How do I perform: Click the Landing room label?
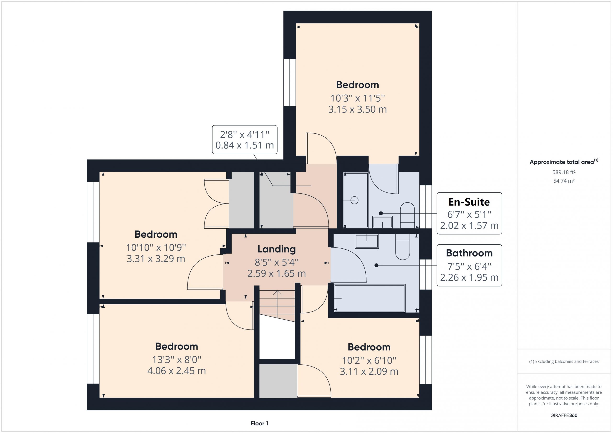(277, 249)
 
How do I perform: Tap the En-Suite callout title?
(469, 202)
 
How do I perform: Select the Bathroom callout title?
(469, 253)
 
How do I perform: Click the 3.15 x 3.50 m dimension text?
(358, 109)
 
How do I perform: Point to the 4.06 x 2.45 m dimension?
(176, 371)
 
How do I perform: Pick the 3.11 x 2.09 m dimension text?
(369, 371)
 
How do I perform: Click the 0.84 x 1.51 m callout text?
(244, 145)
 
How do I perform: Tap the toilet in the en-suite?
(407, 215)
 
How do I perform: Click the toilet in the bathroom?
(403, 247)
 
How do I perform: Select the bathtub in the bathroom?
(370, 298)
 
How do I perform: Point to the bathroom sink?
(367, 241)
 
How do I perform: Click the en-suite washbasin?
(383, 222)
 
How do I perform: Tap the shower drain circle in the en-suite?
(354, 200)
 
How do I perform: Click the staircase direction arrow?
(277, 304)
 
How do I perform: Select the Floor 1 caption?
(259, 423)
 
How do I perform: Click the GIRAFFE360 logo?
(564, 415)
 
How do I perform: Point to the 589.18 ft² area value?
(564, 172)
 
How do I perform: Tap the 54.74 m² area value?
(564, 181)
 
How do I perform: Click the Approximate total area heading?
(564, 162)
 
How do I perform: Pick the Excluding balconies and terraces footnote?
(564, 362)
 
